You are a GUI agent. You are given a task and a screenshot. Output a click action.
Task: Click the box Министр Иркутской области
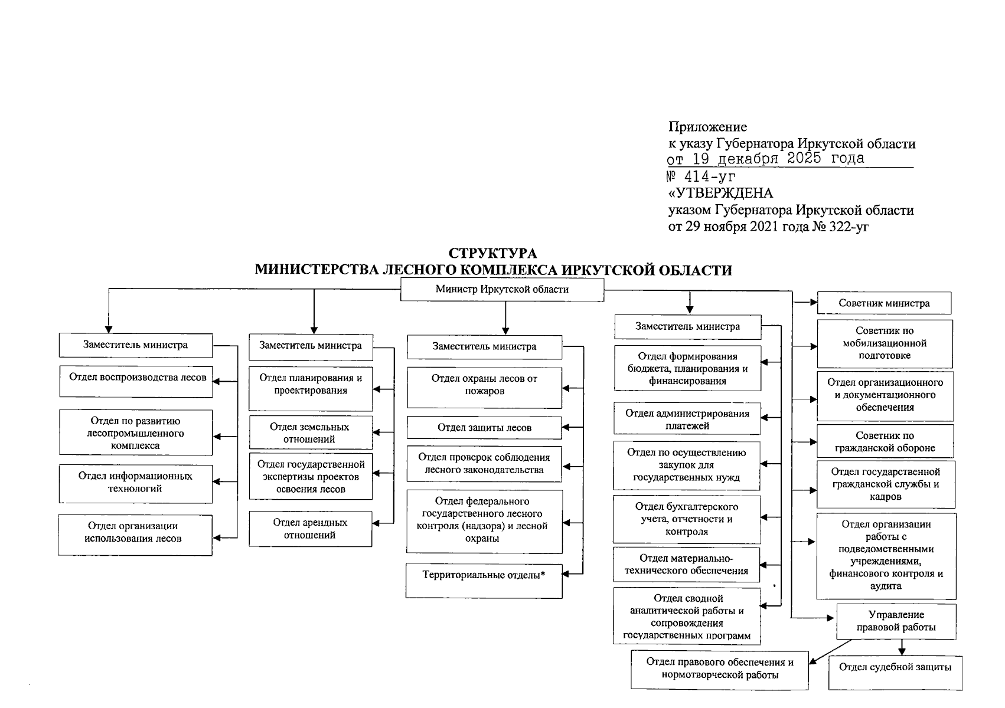[502, 290]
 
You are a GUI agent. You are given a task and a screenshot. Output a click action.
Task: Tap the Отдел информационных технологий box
[136, 483]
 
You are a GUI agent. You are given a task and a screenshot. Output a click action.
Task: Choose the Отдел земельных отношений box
[311, 432]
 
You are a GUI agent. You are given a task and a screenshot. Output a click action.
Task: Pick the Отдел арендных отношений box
[311, 529]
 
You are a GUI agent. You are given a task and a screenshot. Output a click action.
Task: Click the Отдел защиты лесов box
[484, 428]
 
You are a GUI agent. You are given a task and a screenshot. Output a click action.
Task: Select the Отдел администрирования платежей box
[687, 419]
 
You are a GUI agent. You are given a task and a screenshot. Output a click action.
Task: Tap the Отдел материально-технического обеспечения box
[687, 564]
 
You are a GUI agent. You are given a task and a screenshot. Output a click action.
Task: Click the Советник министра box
[884, 303]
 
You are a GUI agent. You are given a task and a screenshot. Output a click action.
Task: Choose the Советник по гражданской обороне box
[885, 441]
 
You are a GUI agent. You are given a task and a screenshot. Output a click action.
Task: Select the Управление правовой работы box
[896, 621]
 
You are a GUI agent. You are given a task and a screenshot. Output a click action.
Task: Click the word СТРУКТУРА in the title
[493, 254]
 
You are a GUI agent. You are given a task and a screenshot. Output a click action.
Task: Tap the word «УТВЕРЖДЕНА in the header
[720, 194]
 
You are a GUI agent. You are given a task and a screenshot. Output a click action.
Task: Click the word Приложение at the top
[707, 127]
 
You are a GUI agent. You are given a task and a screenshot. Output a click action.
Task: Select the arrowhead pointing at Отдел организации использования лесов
[216, 537]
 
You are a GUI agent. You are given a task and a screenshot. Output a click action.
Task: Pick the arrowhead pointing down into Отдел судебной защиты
[902, 651]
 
